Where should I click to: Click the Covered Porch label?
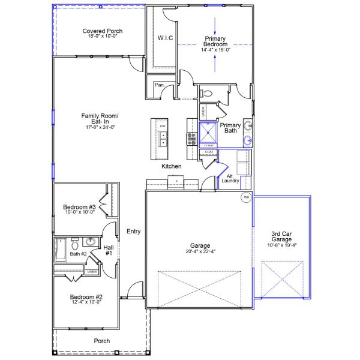coord(102,31)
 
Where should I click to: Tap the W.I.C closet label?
coord(166,38)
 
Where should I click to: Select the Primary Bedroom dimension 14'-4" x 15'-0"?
coord(215,50)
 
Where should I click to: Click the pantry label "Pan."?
coord(160,85)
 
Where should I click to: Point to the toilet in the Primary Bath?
coord(207,94)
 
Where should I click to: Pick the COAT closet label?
coord(209,152)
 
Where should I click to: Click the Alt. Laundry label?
coord(231,178)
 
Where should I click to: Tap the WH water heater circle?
coord(246,197)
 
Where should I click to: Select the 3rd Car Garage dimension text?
coord(281,245)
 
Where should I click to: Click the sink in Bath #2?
coord(90,242)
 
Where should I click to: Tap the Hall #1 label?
coord(109,250)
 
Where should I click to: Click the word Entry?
coord(133,231)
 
